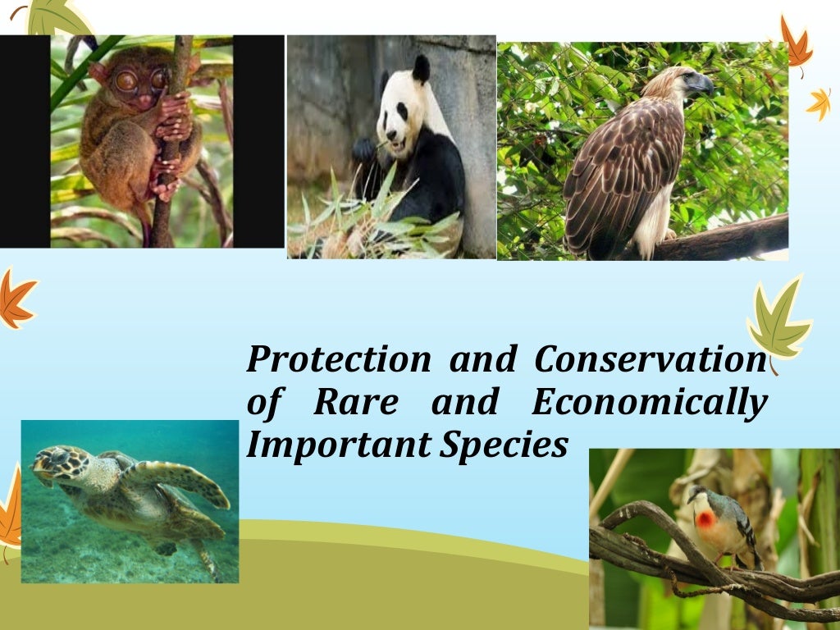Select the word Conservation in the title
[649, 359]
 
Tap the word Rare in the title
[356, 403]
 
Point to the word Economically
[649, 403]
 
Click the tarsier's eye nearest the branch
[158, 80]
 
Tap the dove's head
[697, 495]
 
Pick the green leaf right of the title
[777, 320]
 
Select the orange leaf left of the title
[15, 299]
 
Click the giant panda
[414, 148]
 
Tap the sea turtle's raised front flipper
[185, 481]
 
